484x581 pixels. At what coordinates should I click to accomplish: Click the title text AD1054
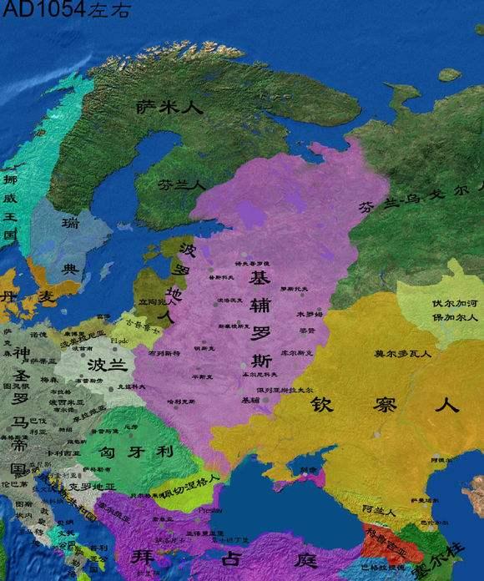pyautogui.click(x=32, y=11)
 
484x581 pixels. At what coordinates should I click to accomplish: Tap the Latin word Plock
pyautogui.click(x=119, y=341)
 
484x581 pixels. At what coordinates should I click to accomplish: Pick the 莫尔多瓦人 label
pyautogui.click(x=402, y=354)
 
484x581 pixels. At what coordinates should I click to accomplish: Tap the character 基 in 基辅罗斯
pyautogui.click(x=260, y=277)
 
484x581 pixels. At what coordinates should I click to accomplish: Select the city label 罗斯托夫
pyautogui.click(x=294, y=288)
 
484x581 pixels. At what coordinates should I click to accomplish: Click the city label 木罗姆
pyautogui.click(x=308, y=314)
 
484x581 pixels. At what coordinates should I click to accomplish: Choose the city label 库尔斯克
pyautogui.click(x=295, y=353)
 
